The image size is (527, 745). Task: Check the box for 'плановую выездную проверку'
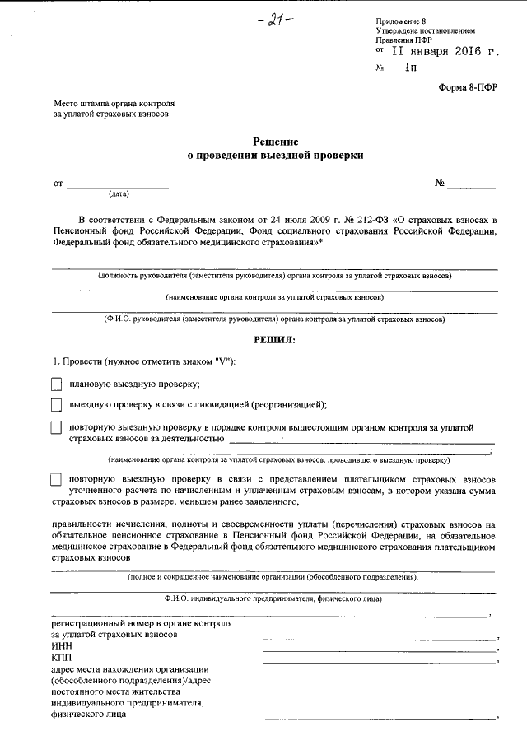click(x=56, y=384)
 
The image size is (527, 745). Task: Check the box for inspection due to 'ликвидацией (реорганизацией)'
click(x=56, y=404)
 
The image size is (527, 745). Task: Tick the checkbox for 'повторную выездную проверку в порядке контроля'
click(x=56, y=427)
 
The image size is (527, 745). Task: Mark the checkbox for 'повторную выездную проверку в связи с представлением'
click(x=56, y=479)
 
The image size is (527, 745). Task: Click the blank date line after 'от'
click(x=117, y=186)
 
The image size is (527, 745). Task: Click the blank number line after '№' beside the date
click(x=473, y=186)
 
